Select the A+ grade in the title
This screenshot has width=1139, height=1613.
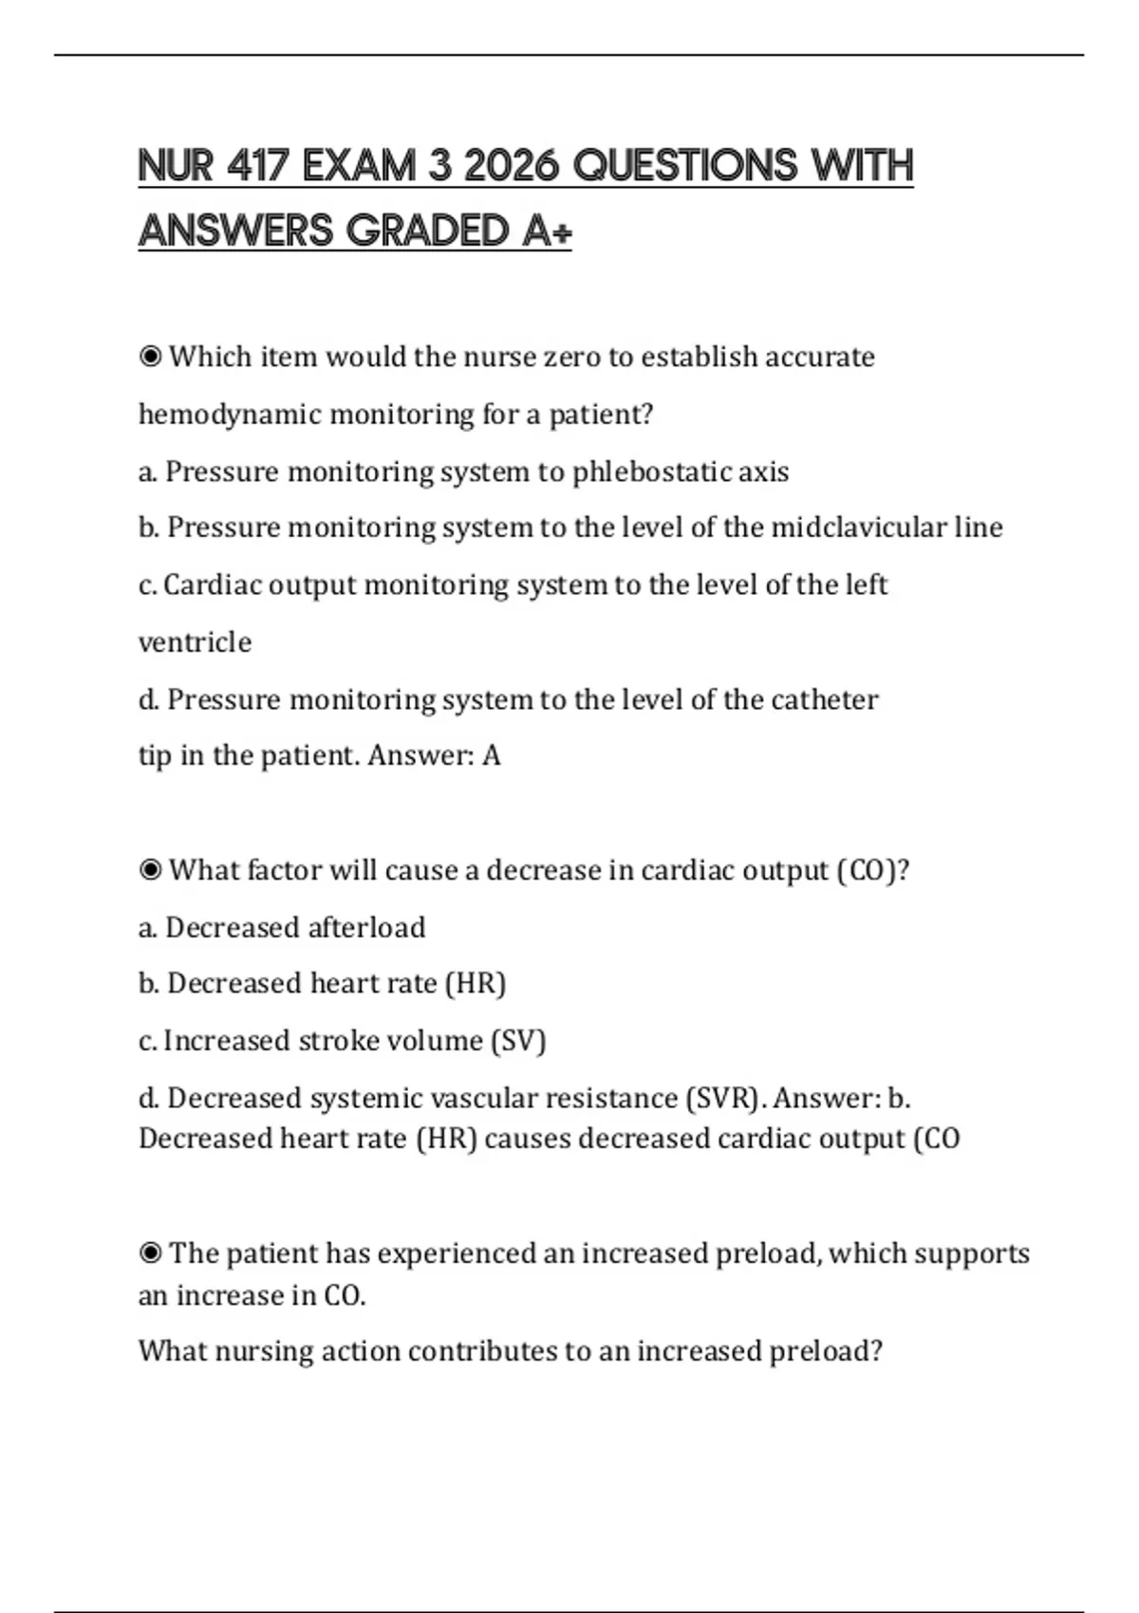547,231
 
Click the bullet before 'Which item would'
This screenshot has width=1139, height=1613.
150,358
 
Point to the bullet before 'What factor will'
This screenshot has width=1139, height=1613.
150,870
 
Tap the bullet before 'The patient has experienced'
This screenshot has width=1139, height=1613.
150,1253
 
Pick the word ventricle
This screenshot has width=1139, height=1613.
195,642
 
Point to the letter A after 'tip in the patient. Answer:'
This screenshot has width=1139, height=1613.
491,756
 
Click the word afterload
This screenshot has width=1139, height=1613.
365,927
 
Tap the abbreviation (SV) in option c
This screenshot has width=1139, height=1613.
518,1041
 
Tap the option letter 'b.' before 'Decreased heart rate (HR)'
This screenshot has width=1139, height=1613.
148,984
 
